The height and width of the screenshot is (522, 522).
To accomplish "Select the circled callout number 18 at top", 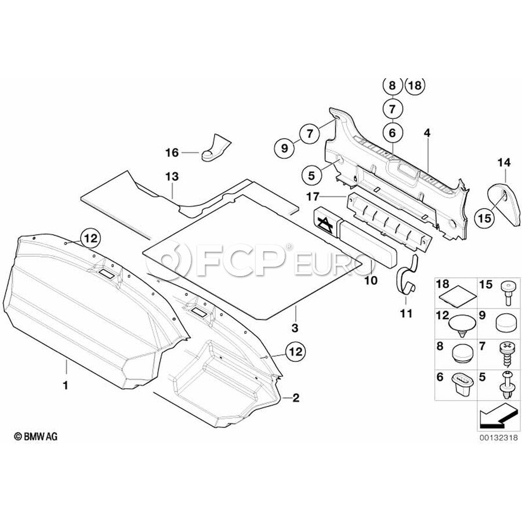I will [x=414, y=86].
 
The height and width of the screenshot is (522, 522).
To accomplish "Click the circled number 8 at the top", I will [x=392, y=86].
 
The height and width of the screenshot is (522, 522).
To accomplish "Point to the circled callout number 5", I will [x=311, y=174].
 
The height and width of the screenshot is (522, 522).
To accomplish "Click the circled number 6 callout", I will [x=392, y=133].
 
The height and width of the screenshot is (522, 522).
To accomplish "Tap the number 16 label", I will [x=172, y=153].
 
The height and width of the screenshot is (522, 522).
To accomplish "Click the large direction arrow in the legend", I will [x=497, y=415].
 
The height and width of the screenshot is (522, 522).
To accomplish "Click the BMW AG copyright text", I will [x=36, y=436].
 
